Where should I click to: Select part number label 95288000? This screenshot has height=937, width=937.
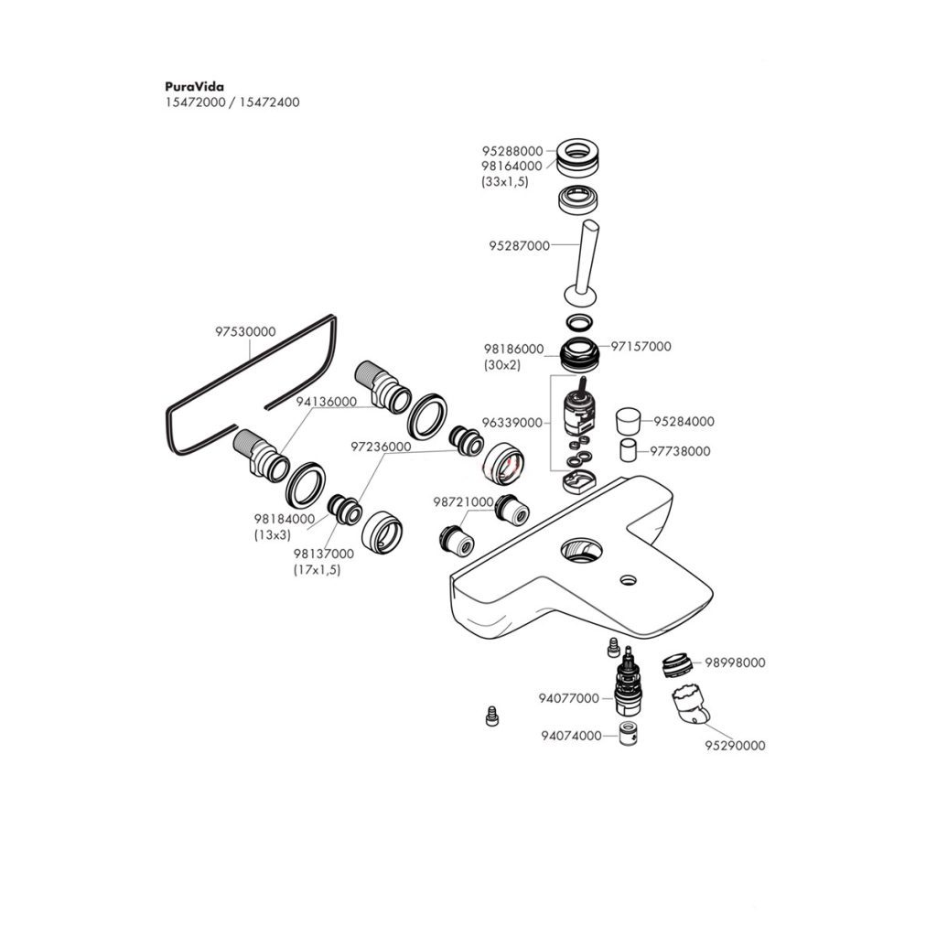tap(512, 151)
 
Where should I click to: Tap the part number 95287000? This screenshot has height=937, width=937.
tap(519, 246)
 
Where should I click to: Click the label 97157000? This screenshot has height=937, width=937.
tap(641, 347)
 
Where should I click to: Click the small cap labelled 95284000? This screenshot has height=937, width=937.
tap(628, 422)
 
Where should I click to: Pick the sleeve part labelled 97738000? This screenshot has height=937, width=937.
tap(628, 451)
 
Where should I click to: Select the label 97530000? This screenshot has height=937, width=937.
tap(245, 332)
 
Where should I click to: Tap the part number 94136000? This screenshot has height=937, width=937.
tap(326, 402)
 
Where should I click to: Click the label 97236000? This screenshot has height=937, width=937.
tap(381, 447)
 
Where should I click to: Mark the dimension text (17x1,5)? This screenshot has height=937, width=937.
tap(317, 570)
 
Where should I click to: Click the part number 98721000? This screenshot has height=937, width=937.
tap(463, 502)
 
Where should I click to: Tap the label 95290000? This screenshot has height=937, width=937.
tap(734, 746)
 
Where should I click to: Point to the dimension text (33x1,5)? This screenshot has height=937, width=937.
tap(505, 182)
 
